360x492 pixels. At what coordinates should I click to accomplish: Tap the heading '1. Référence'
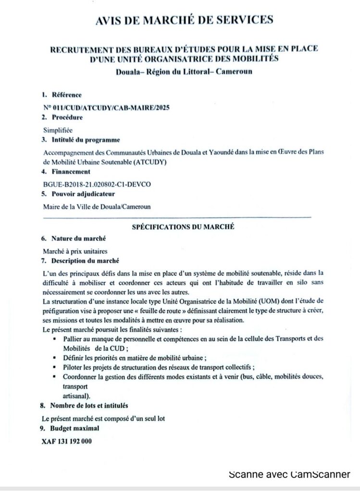[x=61, y=95]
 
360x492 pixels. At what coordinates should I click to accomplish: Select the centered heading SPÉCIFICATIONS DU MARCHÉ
[x=183, y=227]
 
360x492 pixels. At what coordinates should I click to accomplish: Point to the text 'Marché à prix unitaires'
[x=74, y=251]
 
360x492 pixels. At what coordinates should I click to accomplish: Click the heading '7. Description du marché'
[x=80, y=261]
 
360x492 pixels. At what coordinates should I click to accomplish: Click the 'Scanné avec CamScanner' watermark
[x=290, y=475]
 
